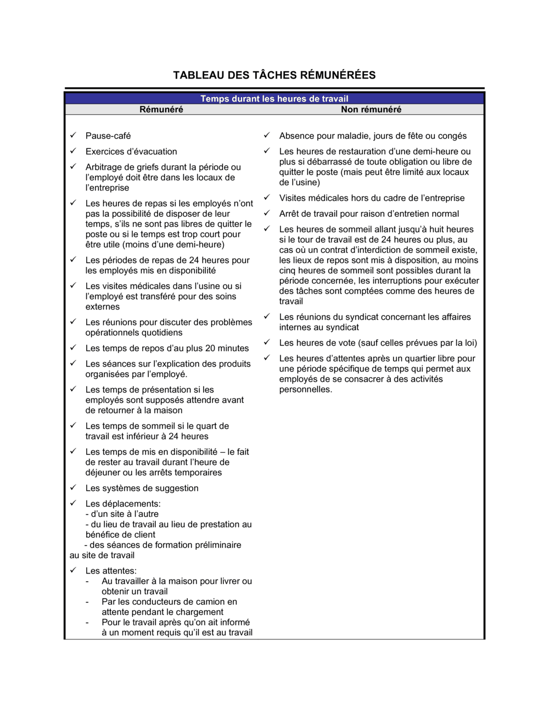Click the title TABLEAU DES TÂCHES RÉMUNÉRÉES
[x=274, y=75]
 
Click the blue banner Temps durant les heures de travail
[x=274, y=99]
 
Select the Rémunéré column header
[x=161, y=109]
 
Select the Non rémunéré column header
[x=371, y=109]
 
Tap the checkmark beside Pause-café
[x=73, y=135]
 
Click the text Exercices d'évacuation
[x=131, y=151]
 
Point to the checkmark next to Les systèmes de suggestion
[x=73, y=487]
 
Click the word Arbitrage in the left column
[x=104, y=167]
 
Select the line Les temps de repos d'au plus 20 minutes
[x=167, y=348]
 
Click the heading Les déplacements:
[x=123, y=503]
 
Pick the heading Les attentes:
[x=111, y=571]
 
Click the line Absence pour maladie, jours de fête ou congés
[x=373, y=136]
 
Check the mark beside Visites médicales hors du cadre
[x=267, y=197]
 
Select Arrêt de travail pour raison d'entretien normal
[x=369, y=213]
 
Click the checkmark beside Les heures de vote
[x=267, y=342]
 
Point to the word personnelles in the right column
[x=305, y=389]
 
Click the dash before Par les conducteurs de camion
[x=87, y=602]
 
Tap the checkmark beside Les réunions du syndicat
[x=267, y=316]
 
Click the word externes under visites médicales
[x=103, y=307]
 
